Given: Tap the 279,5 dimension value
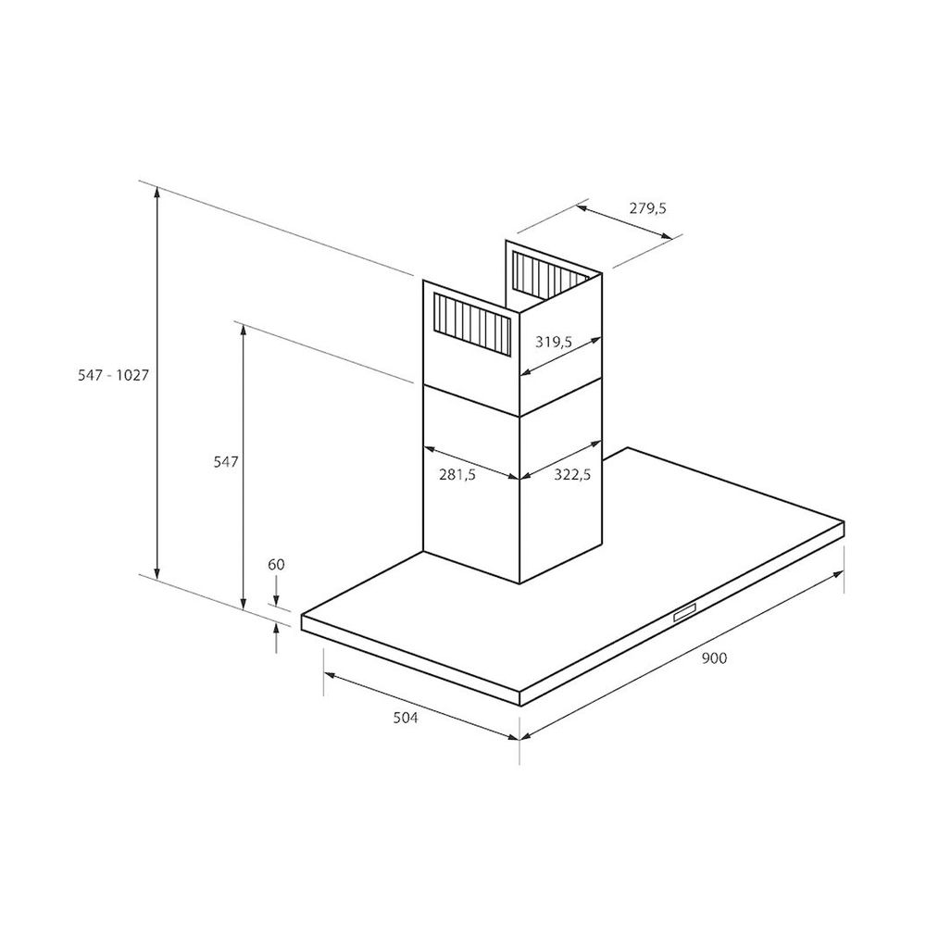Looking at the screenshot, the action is point(648,208).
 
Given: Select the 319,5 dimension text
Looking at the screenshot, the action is point(554,342).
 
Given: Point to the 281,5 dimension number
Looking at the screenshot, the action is point(457,473).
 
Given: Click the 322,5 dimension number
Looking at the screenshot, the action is point(572,473).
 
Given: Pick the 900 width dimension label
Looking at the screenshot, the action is point(714,657).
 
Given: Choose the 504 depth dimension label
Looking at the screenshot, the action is point(406,718).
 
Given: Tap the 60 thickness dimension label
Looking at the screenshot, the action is point(276,565).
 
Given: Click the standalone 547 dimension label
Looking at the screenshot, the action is point(226,461).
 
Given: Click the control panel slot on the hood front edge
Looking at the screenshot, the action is point(685,612).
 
